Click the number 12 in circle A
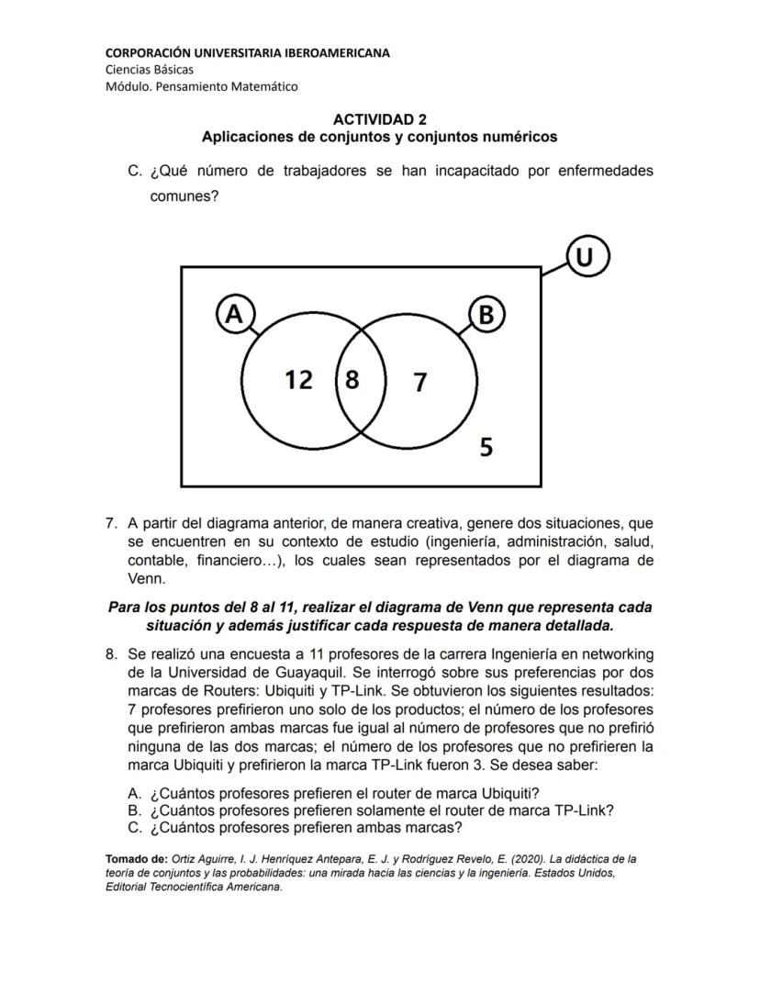click(x=298, y=379)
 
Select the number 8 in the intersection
click(x=352, y=379)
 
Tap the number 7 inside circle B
click(x=419, y=382)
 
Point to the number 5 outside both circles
click(x=486, y=447)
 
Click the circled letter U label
click(x=587, y=257)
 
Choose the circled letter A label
click(x=235, y=314)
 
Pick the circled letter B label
click(x=486, y=315)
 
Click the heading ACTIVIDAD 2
click(x=379, y=119)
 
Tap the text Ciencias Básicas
click(x=150, y=69)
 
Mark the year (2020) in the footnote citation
click(x=492, y=860)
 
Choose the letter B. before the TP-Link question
click(x=134, y=810)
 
